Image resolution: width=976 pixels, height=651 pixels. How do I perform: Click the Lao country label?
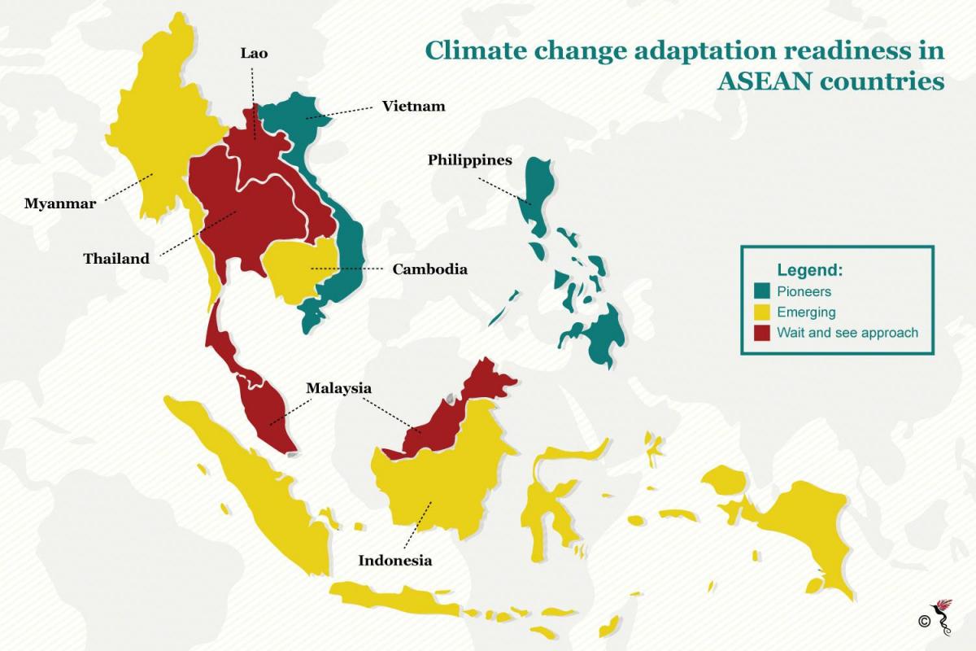[x=254, y=54]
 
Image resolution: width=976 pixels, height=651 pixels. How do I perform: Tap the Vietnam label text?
[x=413, y=106]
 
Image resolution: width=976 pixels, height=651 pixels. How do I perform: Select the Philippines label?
[x=470, y=160]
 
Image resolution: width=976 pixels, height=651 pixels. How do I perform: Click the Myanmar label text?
[x=59, y=203]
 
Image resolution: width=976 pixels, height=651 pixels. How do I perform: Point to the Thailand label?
[x=116, y=259]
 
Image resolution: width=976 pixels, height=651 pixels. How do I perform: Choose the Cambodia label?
[x=429, y=269]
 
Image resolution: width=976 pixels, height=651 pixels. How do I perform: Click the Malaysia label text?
[x=338, y=388]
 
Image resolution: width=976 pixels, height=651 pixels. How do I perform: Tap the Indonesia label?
[x=395, y=561]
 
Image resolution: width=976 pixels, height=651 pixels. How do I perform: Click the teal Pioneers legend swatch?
[x=762, y=291]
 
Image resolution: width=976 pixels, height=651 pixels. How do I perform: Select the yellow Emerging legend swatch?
[x=762, y=312]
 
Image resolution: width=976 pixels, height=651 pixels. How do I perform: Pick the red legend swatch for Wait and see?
[x=762, y=333]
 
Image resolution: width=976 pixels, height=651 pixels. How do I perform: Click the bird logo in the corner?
[x=946, y=614]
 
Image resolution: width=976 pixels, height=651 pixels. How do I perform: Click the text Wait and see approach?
[x=847, y=333]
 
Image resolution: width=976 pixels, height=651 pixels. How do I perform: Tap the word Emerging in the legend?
[x=805, y=312]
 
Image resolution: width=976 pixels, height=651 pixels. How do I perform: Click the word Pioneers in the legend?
[x=804, y=291]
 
